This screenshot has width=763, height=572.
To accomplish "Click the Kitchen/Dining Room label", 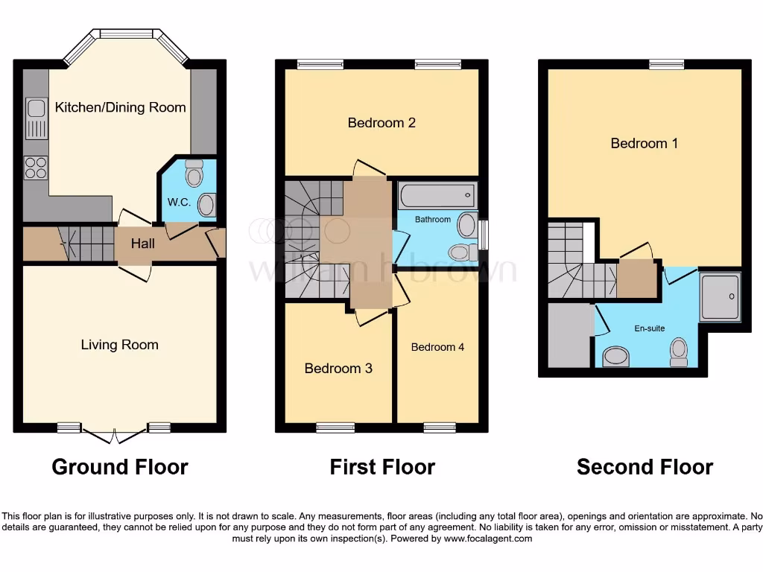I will tap(120, 107).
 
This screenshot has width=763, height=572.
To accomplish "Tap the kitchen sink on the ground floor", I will tap(36, 118).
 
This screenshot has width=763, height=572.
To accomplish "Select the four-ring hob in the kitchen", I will tap(35, 168).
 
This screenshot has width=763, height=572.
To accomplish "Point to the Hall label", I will tap(143, 244).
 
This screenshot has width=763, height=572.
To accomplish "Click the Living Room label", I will tap(119, 345).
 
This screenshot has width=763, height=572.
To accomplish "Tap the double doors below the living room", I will tap(115, 435).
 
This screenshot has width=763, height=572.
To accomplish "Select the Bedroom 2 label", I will tap(381, 123).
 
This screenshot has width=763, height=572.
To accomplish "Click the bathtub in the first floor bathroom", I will tap(436, 196).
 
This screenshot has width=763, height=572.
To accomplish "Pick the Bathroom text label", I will tap(433, 220).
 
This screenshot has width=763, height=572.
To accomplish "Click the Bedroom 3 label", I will tap(338, 369).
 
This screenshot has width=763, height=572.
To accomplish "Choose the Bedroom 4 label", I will tap(437, 347).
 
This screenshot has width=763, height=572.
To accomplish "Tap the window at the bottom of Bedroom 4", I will tap(440, 428).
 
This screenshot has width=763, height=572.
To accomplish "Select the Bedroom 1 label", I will tap(644, 143).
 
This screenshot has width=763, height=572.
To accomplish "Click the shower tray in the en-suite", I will tap(720, 296).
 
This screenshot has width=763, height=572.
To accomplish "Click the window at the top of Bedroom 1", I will tap(666, 65).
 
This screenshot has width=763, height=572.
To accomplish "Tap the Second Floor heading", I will tap(645, 467).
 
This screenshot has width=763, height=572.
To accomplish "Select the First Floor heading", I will tap(382, 467).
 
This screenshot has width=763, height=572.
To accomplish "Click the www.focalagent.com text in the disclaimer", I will tap(487, 538).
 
